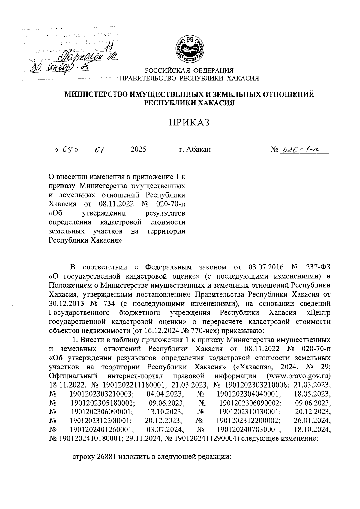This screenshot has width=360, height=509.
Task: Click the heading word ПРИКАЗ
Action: click(188, 123)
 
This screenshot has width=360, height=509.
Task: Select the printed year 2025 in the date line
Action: click(139, 149)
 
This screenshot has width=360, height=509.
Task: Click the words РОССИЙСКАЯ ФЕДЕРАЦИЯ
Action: click(189, 71)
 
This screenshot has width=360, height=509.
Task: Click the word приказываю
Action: click(241, 331)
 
